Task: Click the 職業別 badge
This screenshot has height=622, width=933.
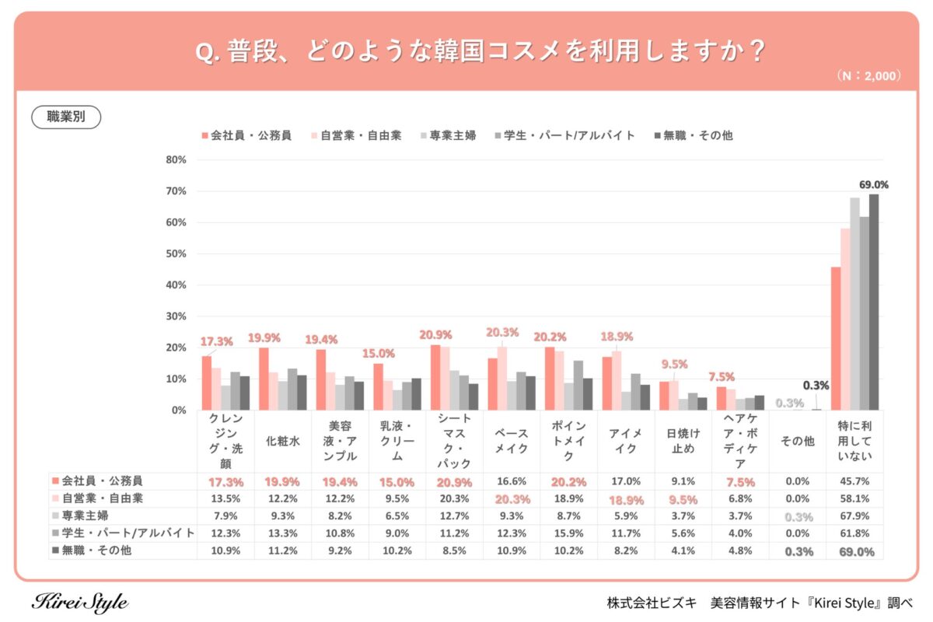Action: [66, 117]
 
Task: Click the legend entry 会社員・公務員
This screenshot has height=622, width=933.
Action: [246, 135]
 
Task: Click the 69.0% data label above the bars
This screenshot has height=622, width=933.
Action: [873, 185]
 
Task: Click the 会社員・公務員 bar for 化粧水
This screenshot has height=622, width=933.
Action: [264, 379]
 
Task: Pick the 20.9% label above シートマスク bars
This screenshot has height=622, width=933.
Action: [435, 334]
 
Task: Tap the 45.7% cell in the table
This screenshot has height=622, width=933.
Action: [854, 481]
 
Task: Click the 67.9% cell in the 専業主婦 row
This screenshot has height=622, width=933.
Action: [854, 516]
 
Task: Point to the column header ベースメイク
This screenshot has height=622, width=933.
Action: [512, 441]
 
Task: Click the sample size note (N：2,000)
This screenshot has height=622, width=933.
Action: [868, 76]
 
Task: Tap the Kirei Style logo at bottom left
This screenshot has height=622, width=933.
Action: [80, 603]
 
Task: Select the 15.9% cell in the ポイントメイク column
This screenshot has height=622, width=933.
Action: [568, 534]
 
